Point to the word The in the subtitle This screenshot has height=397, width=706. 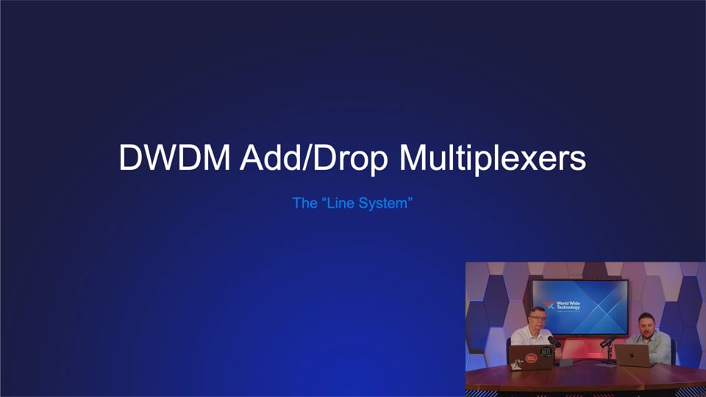[x=304, y=202]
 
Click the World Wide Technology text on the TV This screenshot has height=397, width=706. [x=568, y=305]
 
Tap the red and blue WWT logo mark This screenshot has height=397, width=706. [x=549, y=303]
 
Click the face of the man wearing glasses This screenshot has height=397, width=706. [x=538, y=318]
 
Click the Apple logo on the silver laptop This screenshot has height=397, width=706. [x=632, y=354]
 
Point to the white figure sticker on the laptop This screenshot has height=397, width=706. [x=545, y=362]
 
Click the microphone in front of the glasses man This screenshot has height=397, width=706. [x=554, y=341]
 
